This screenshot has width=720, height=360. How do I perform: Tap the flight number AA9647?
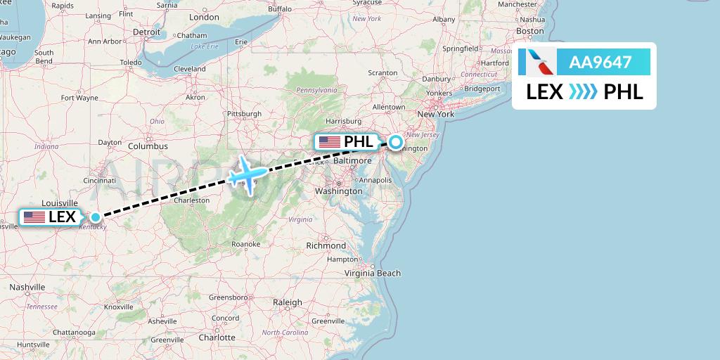point(600,63)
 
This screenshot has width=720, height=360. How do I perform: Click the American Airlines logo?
point(537,63)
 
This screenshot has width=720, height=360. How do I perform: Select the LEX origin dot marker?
point(96,217)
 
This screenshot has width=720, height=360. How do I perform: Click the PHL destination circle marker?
point(396,142)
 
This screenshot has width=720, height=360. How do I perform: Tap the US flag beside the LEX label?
point(34,217)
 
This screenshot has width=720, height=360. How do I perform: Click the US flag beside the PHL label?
point(329,142)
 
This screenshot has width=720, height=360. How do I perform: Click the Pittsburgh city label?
point(244,114)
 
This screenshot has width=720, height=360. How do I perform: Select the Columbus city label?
point(148,146)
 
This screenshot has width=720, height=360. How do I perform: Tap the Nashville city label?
point(27,287)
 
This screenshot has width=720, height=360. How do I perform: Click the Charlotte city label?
point(217,337)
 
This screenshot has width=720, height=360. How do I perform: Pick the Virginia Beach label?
point(373,274)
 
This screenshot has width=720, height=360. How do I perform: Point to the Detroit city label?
point(147,32)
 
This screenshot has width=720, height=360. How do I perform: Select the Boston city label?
point(529,31)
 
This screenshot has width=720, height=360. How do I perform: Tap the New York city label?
point(436,114)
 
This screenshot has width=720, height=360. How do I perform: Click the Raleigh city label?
point(288,302)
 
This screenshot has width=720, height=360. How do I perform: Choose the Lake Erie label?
point(205,46)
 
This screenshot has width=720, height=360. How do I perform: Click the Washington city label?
point(338,191)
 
